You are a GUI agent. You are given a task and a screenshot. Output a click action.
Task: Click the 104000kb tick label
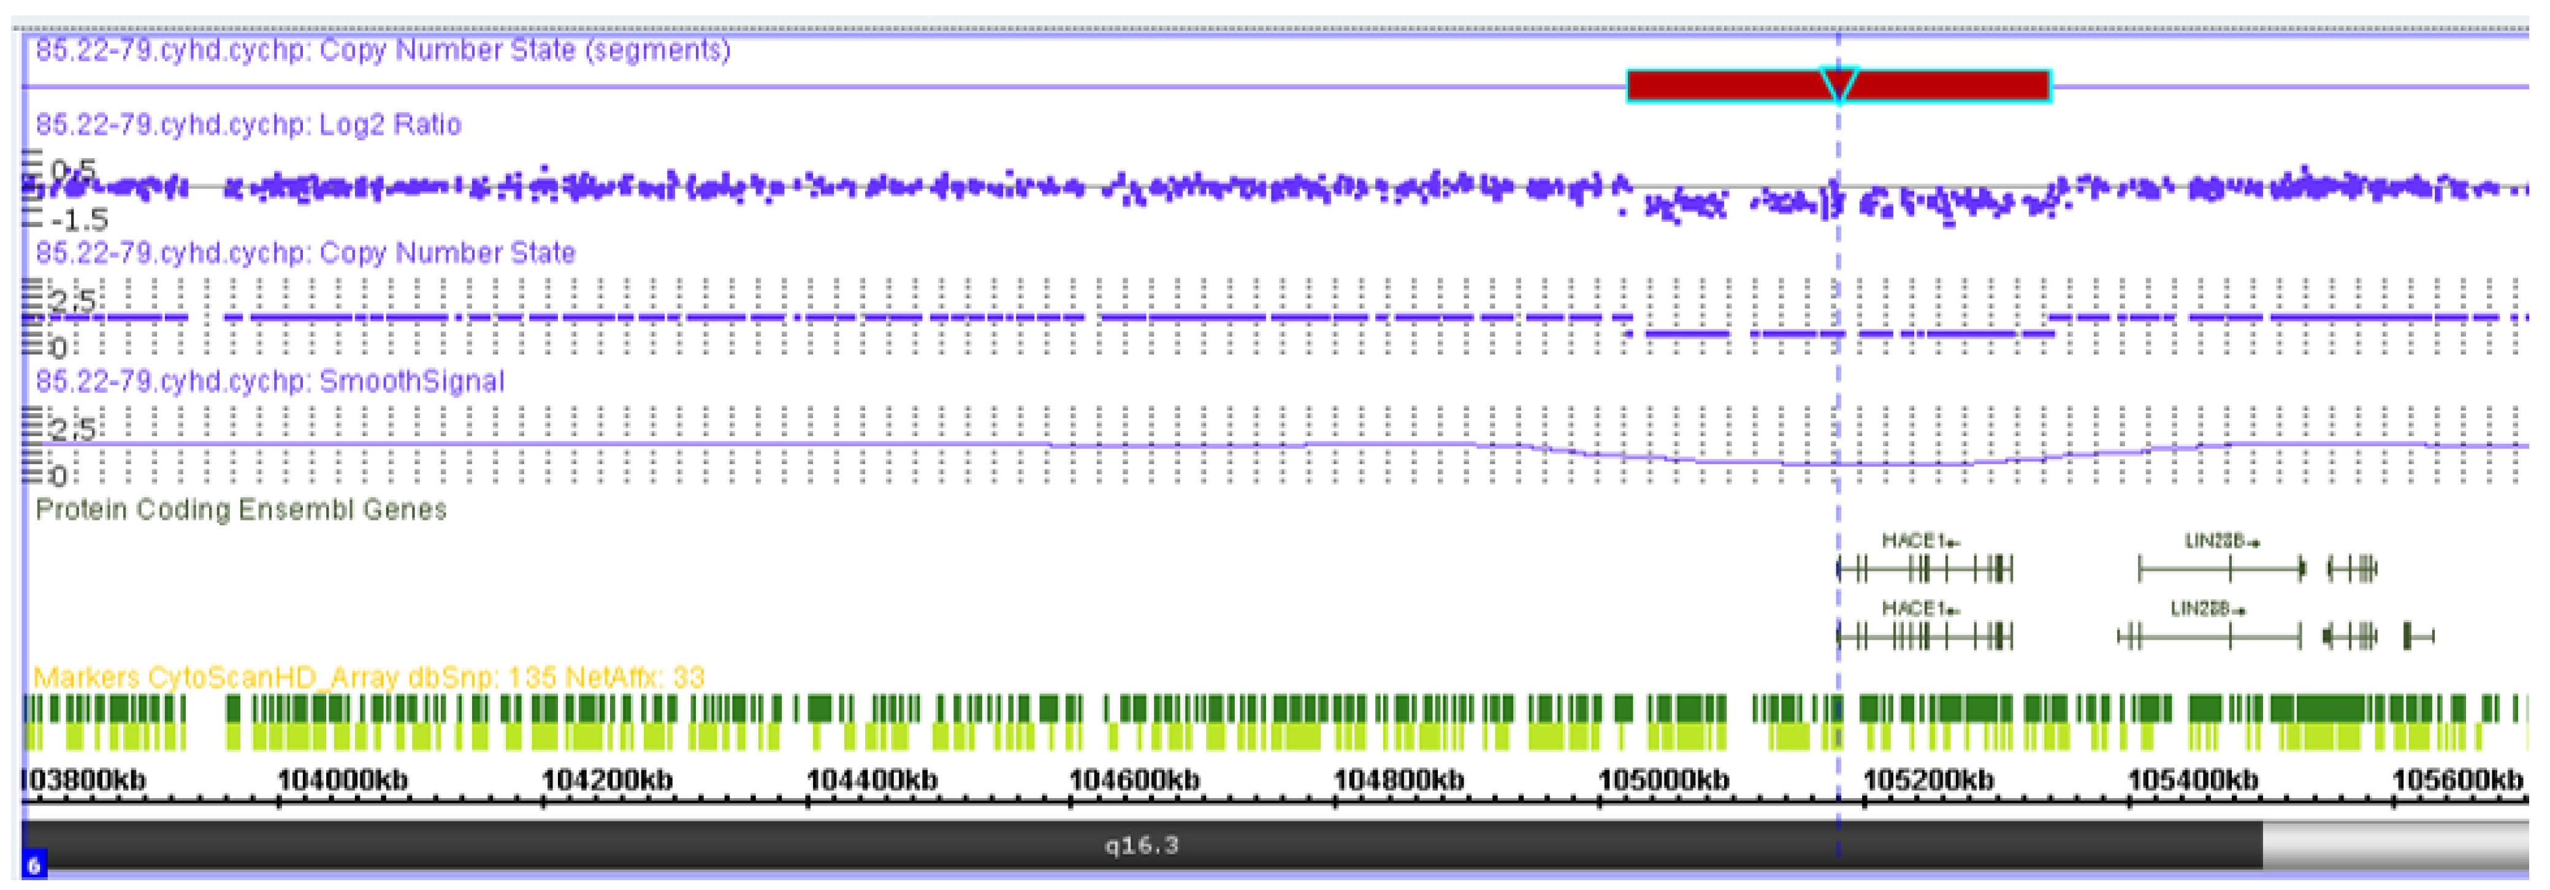click(343, 780)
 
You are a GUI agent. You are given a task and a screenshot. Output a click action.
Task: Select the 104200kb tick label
click(607, 780)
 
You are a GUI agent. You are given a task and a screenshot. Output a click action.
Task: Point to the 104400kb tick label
click(872, 780)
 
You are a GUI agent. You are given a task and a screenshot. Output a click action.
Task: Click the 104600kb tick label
click(1134, 780)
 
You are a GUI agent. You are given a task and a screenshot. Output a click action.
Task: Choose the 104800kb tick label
click(1399, 780)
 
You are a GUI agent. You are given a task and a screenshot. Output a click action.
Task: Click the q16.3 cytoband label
click(1142, 845)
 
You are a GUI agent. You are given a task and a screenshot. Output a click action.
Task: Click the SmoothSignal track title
click(269, 381)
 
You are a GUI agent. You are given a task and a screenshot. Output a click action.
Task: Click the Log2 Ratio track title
click(248, 125)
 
